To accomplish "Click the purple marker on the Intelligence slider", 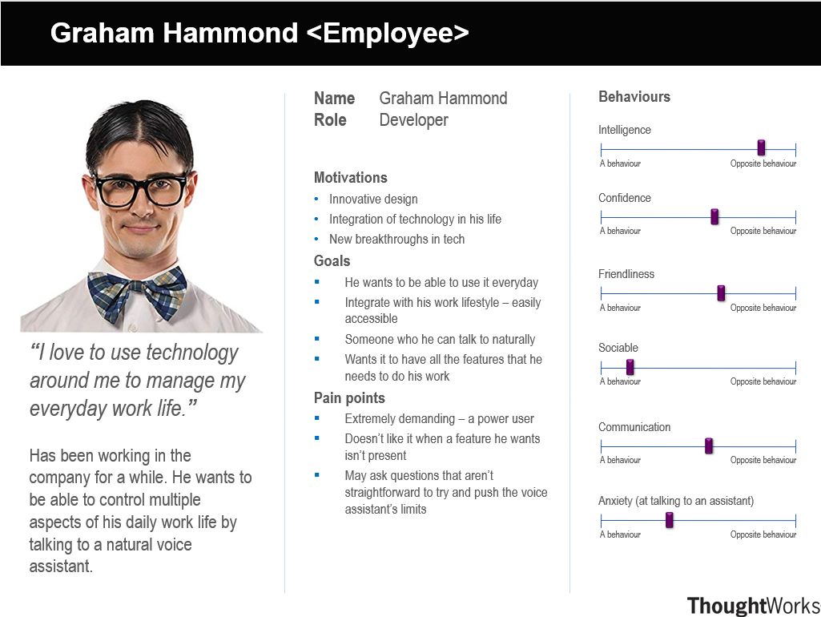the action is point(761,147).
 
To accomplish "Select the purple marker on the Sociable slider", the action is point(630,367).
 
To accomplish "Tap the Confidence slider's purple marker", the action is point(714,216).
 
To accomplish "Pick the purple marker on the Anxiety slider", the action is point(669,520).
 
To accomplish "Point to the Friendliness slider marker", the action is point(721,293).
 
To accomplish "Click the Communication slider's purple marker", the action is point(709,446).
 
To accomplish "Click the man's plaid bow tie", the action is point(137,293).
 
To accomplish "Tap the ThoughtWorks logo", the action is point(754,606).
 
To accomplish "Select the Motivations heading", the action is point(351,178).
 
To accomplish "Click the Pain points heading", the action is point(349,398).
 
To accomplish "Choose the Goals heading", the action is point(332,261).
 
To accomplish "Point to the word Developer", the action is point(413,120).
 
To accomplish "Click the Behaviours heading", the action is point(634,97).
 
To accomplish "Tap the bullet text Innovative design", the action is point(373,200).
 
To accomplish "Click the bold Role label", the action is point(330,120).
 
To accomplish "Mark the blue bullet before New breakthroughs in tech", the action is point(316,239).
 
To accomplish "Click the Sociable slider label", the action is point(618,348).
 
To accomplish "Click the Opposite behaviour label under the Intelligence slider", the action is point(763,163).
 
